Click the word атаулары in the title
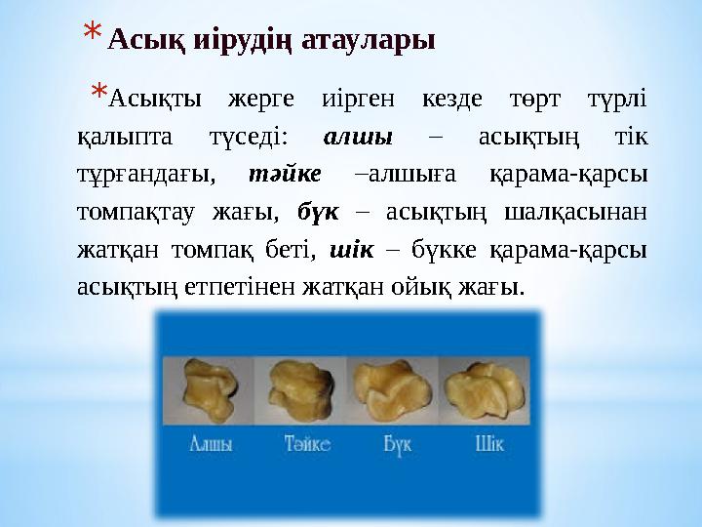click(x=372, y=41)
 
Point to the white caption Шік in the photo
click(x=488, y=444)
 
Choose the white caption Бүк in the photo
click(x=398, y=444)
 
